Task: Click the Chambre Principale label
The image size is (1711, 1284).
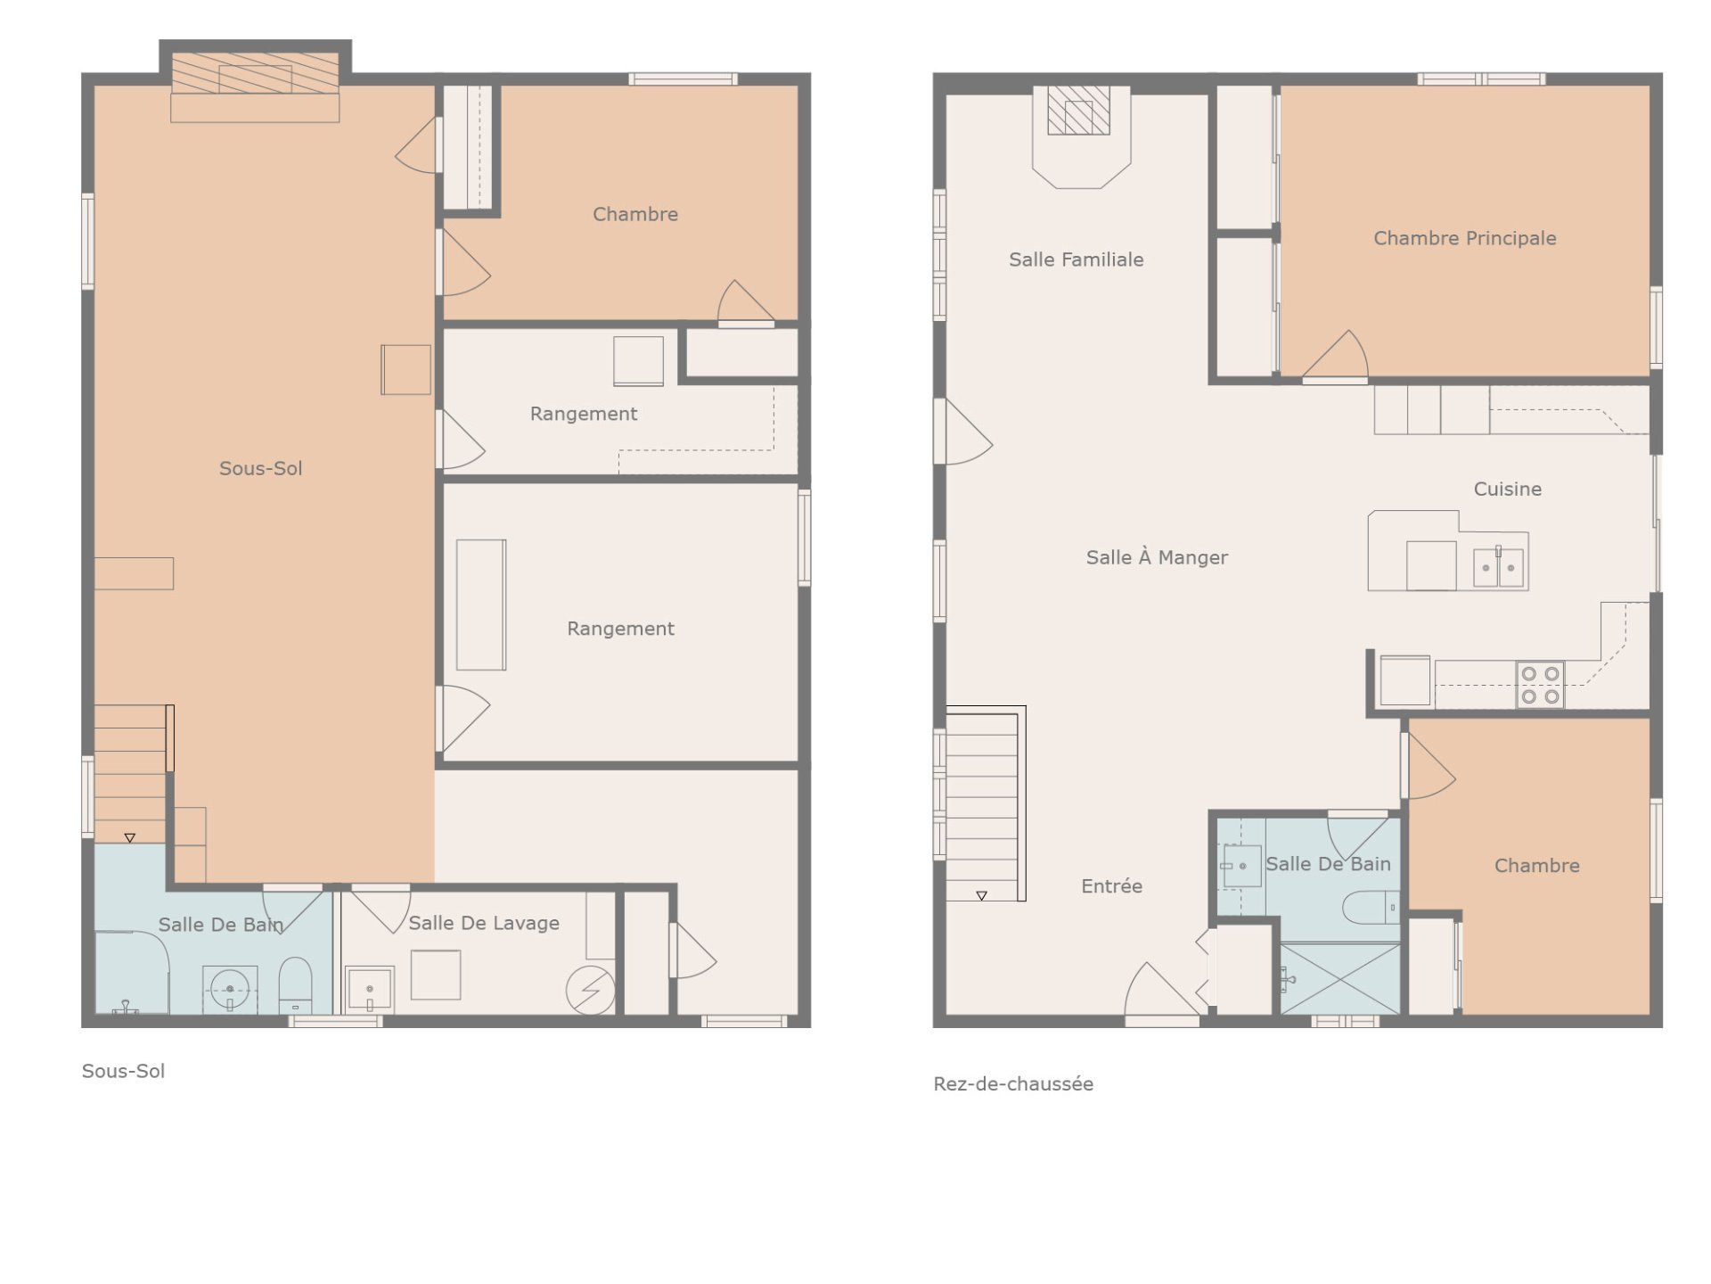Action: pos(1464,238)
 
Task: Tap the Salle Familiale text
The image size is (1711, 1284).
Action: pos(1076,259)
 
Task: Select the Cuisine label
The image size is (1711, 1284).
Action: pos(1507,489)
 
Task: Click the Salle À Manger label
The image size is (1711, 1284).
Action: pos(1157,557)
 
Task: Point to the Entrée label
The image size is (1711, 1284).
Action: pos(1111,886)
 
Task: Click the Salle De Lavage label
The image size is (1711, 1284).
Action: pos(484,924)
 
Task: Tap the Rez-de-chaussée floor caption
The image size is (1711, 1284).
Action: pos(1013,1083)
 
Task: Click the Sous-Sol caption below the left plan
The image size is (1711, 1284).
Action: pos(123,1071)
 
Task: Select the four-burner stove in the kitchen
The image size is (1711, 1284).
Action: pos(1540,685)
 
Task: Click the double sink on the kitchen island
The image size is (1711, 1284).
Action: pos(1498,567)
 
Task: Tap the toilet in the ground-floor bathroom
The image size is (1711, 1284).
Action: pos(1371,908)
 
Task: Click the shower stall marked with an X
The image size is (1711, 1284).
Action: pos(1339,979)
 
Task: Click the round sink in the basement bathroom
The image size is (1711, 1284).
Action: pos(230,990)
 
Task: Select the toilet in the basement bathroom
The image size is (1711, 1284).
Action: pos(295,985)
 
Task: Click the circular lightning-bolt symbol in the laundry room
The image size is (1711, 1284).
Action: pos(590,990)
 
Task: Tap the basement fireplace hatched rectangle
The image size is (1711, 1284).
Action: pos(255,73)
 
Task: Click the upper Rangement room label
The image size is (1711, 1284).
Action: pos(584,414)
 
